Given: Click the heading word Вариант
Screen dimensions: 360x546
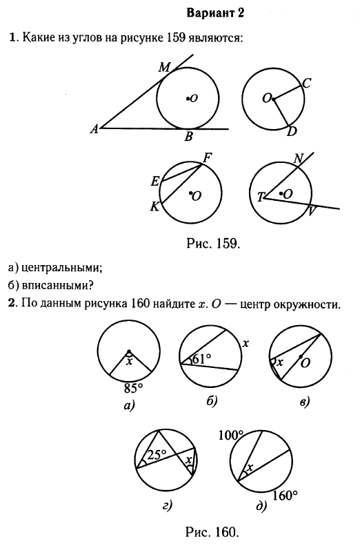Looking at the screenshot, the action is (206, 13).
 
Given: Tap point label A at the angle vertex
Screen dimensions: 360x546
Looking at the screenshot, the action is (94, 129).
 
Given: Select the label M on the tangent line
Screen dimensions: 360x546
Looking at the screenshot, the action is (164, 67).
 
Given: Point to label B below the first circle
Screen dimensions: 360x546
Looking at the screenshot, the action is (188, 137).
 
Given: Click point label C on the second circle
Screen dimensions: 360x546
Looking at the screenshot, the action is (306, 84).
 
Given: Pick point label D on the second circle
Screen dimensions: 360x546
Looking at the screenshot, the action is (292, 132).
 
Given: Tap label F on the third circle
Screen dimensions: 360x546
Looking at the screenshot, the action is (207, 159).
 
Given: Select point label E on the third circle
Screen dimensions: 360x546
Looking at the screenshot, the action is (155, 181).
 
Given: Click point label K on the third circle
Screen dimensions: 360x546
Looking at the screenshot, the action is (154, 207).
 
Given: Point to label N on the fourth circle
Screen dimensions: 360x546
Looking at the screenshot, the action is (299, 159).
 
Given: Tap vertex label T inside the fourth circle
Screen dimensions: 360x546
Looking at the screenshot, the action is (261, 198).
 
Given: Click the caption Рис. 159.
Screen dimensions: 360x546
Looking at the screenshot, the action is (213, 243).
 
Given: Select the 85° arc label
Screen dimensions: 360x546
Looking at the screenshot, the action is (134, 387).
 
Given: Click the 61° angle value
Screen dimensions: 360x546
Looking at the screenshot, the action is (201, 359).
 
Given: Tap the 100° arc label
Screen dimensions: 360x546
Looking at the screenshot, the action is (231, 435).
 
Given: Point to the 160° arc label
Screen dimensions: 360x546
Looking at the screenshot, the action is (286, 495).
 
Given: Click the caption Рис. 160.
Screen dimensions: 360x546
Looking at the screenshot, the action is (212, 532).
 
